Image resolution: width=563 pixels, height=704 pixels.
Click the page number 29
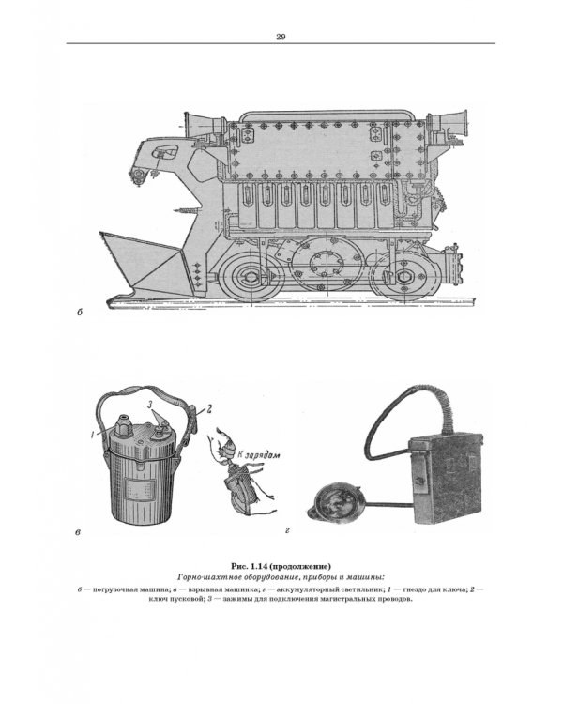(281, 37)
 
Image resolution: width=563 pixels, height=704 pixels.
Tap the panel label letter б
(80, 312)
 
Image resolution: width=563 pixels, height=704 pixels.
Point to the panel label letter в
(78, 533)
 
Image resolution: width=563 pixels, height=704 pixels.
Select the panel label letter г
(287, 530)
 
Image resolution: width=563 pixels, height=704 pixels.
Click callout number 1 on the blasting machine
(92, 435)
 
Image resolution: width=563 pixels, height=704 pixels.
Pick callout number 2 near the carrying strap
(208, 409)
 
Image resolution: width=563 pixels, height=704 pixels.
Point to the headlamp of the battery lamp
(334, 505)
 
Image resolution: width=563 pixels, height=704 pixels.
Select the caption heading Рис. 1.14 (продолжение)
(281, 565)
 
